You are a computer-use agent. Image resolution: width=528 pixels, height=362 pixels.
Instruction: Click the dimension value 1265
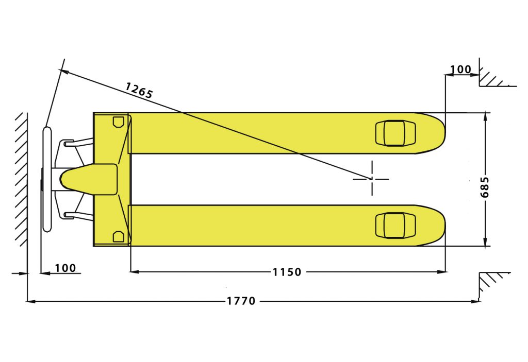(x=139, y=90)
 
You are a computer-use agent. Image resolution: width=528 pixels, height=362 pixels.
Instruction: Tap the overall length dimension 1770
(x=241, y=301)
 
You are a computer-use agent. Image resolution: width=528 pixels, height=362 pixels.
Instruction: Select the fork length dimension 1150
(x=287, y=272)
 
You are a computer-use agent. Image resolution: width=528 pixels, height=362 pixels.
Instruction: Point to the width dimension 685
(x=485, y=187)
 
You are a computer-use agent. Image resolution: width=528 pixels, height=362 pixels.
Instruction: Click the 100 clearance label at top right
(x=460, y=70)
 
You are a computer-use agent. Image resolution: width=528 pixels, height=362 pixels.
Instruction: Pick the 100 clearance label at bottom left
(x=65, y=268)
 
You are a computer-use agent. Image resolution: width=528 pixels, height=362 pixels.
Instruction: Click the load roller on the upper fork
(x=395, y=133)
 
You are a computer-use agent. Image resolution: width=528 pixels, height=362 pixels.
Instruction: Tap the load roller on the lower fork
(x=395, y=226)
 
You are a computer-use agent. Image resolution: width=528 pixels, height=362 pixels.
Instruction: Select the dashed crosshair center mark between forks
(x=372, y=179)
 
